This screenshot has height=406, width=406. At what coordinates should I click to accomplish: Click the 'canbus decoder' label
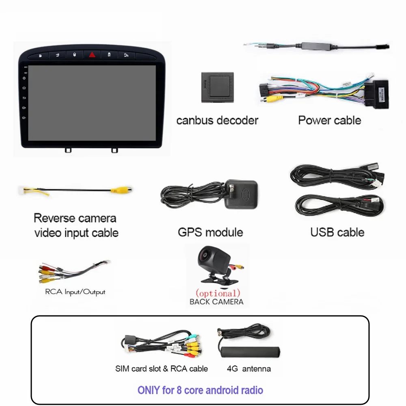click(x=217, y=121)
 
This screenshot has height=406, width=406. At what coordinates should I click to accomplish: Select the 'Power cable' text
click(x=329, y=120)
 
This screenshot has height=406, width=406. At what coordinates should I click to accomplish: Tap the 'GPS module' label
click(x=210, y=232)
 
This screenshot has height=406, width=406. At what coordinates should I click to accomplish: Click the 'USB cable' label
click(x=337, y=232)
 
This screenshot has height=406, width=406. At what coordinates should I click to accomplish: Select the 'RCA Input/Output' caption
click(x=75, y=292)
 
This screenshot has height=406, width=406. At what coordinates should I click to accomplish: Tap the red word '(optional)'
click(x=218, y=293)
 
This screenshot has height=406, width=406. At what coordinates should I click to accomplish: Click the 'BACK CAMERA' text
click(x=216, y=302)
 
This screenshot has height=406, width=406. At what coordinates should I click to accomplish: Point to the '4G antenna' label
click(x=249, y=369)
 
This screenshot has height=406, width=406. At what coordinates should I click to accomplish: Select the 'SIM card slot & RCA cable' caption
click(x=161, y=369)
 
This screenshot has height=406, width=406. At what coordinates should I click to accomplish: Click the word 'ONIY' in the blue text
click(x=149, y=391)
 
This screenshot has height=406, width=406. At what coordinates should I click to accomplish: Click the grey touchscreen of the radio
click(x=92, y=102)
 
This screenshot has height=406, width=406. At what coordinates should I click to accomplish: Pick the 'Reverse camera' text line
click(x=75, y=218)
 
